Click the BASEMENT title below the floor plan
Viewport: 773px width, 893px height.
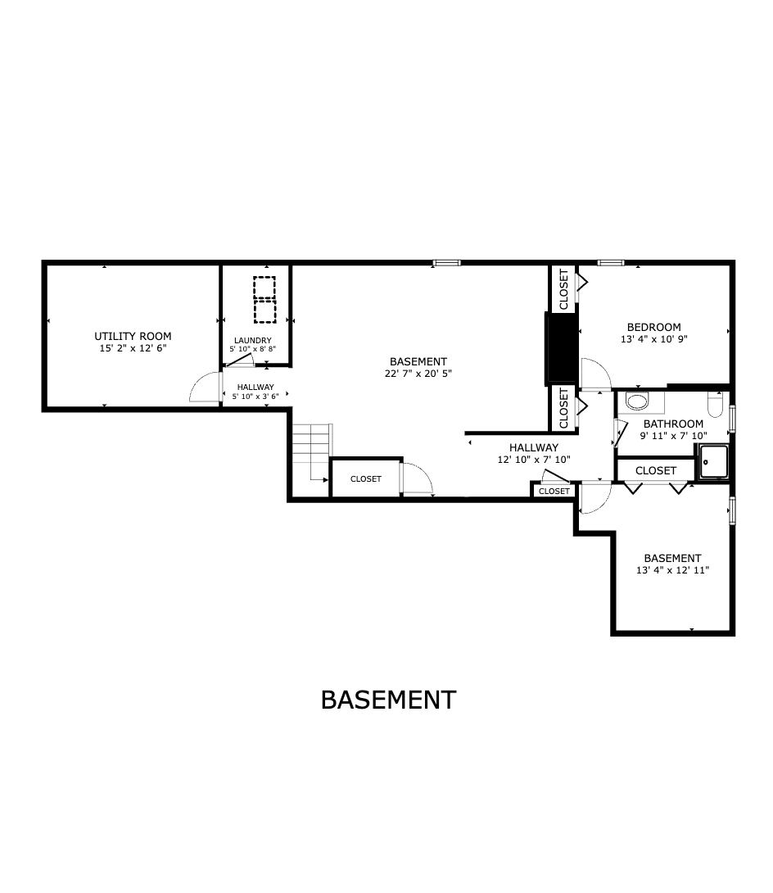click(x=388, y=700)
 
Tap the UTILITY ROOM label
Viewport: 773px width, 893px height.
click(x=133, y=336)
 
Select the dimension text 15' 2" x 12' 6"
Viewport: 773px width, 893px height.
click(x=133, y=348)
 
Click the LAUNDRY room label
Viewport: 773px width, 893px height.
click(x=252, y=341)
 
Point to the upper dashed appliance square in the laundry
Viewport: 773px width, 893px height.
click(x=264, y=289)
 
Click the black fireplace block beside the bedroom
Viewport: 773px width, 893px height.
click(x=561, y=348)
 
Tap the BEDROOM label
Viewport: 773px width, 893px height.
click(x=653, y=327)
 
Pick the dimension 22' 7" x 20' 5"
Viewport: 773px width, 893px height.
click(x=418, y=374)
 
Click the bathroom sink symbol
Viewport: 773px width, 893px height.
click(x=635, y=401)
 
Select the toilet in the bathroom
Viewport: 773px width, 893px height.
click(x=715, y=406)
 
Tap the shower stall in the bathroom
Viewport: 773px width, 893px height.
click(x=713, y=463)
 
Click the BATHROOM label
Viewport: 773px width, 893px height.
click(x=673, y=424)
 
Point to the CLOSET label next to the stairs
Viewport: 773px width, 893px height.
click(x=365, y=479)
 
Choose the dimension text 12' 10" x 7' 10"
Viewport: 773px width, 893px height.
click(x=533, y=460)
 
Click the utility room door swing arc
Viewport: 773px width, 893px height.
click(x=201, y=388)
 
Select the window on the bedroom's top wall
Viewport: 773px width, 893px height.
click(x=610, y=263)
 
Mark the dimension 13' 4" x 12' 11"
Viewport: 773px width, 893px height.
click(x=672, y=570)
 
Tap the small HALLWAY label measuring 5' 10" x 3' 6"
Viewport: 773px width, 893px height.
click(x=255, y=387)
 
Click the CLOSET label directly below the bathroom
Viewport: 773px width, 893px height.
click(x=656, y=470)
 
